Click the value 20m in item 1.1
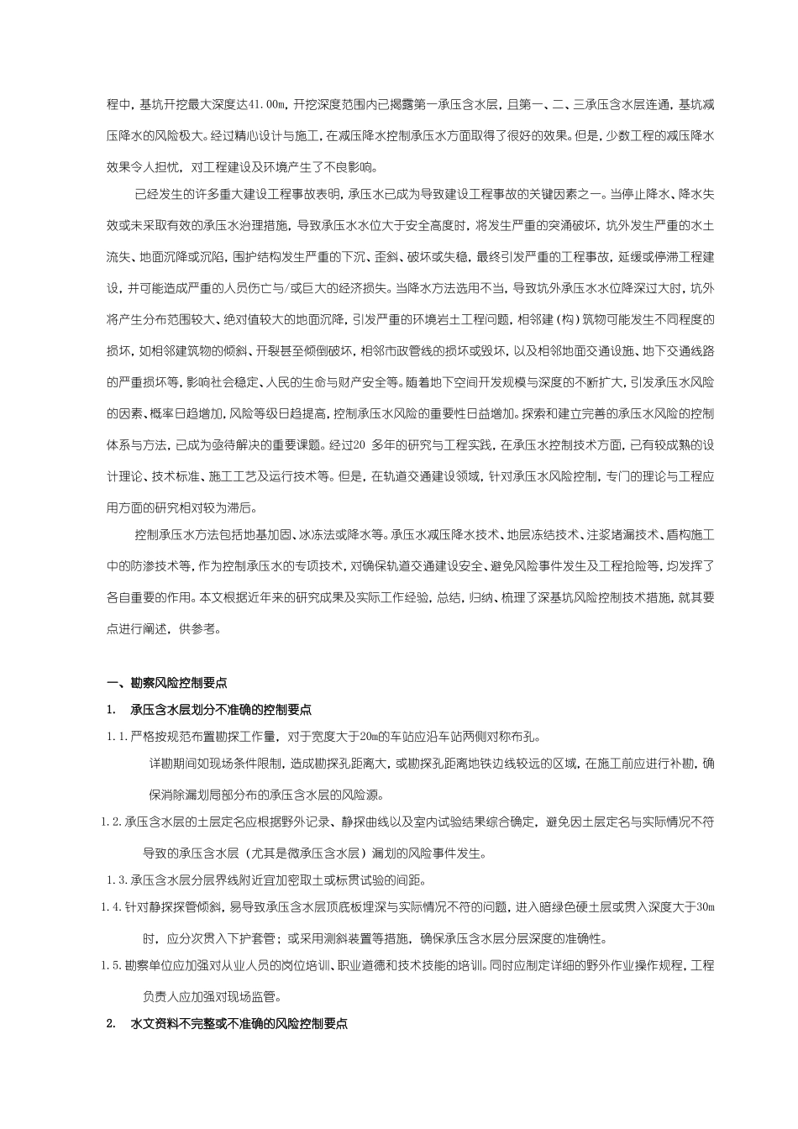point(370,738)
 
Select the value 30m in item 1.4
point(706,907)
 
